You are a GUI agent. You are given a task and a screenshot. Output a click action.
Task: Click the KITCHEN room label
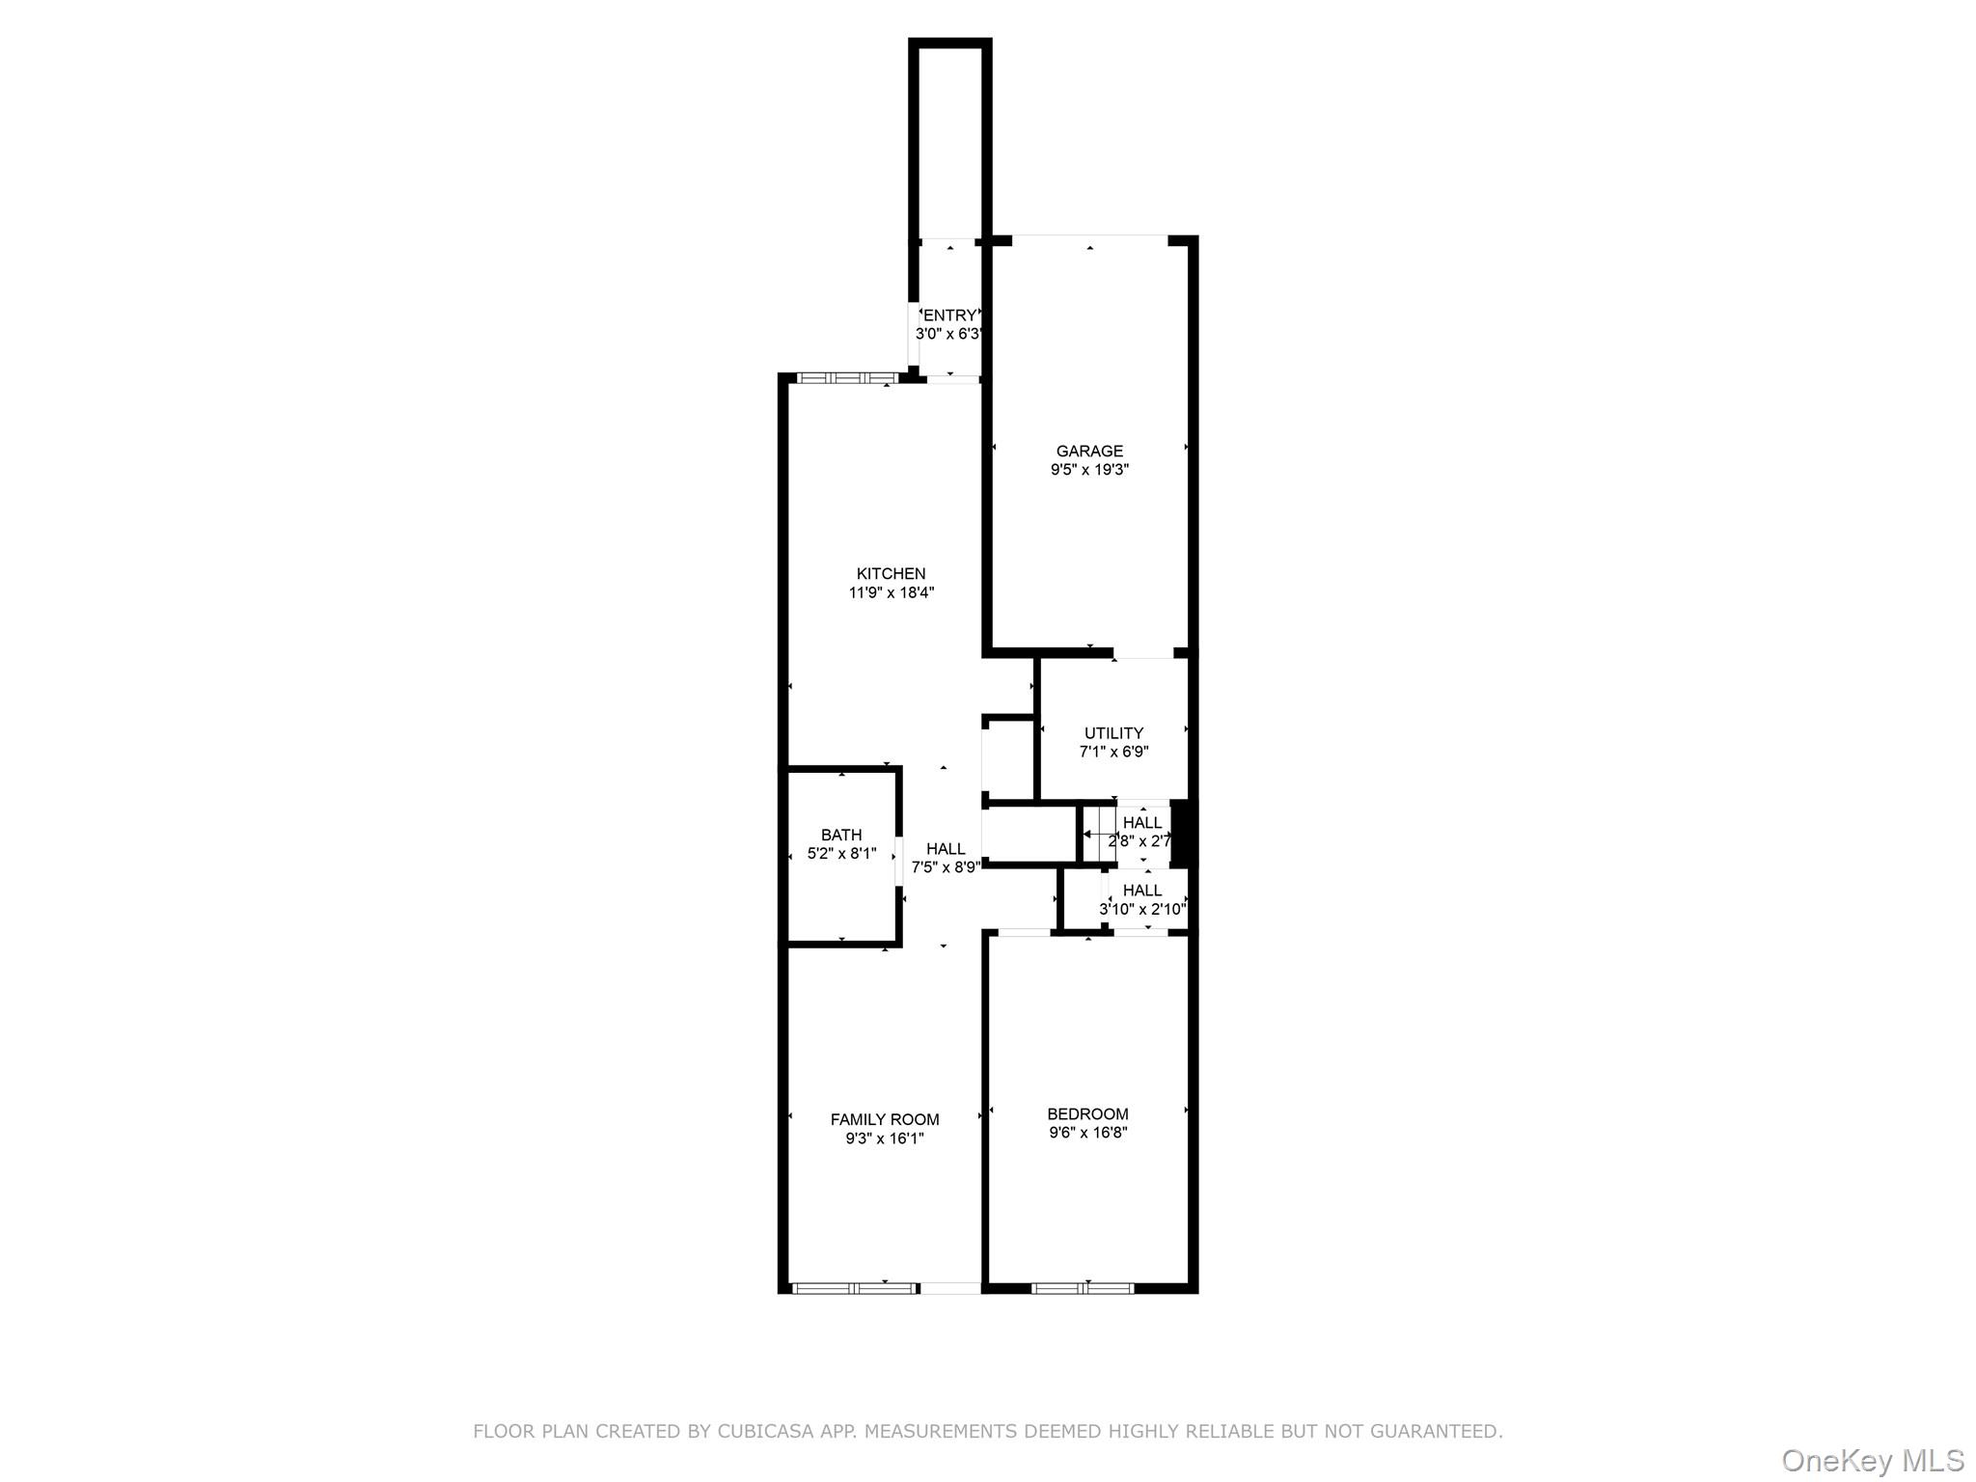coord(891,574)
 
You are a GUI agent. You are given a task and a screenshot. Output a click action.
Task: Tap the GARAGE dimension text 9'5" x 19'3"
coord(1089,470)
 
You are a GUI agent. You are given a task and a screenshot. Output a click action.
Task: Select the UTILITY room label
coord(1113,733)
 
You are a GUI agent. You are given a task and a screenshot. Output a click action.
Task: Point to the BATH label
coord(841,835)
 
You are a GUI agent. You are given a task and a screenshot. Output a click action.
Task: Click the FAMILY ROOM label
coord(885,1119)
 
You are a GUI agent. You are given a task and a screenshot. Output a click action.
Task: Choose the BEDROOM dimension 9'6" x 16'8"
coord(1088,1133)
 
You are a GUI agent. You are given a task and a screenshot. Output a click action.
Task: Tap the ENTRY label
coord(950,316)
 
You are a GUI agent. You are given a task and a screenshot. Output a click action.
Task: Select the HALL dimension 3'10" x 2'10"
coord(1142,909)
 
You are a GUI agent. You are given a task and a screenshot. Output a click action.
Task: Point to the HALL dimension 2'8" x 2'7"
coord(1139,841)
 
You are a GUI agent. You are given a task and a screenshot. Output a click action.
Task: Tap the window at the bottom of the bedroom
coord(1083,1287)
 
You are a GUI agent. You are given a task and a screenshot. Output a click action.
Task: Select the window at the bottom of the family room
coord(854,1287)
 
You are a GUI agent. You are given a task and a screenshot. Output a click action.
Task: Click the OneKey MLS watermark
coord(1872,1461)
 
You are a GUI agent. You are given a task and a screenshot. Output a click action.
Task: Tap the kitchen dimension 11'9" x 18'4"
coord(891,593)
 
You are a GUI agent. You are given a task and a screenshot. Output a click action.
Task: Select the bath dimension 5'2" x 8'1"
coord(841,854)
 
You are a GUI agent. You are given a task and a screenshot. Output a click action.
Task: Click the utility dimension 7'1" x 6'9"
coord(1113,752)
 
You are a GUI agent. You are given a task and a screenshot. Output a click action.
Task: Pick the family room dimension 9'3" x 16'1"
coord(885,1139)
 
